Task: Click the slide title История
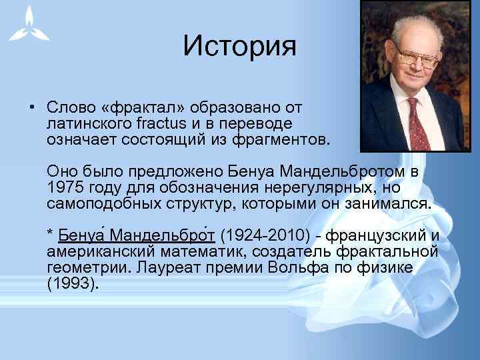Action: click(239, 46)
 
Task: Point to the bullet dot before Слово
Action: click(31, 108)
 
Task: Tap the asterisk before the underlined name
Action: click(50, 235)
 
